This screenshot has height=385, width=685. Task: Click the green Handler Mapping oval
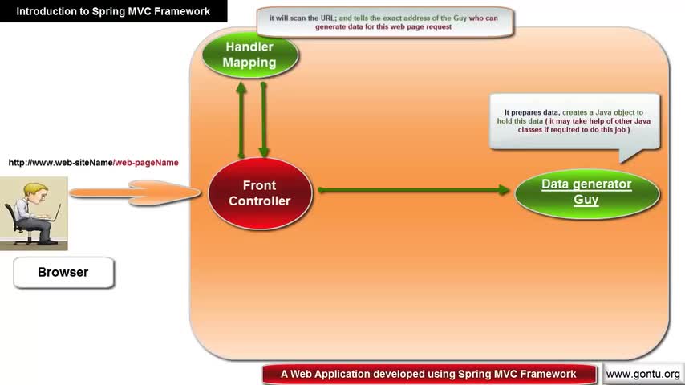[x=249, y=55]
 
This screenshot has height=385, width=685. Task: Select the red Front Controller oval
[x=260, y=193]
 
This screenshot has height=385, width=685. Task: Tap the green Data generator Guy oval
[x=586, y=192]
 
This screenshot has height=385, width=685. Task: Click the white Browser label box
[x=63, y=273]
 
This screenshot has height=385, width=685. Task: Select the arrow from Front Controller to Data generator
[x=414, y=190]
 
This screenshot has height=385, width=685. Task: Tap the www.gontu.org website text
[x=642, y=375]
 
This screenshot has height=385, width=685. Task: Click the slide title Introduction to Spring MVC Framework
[x=113, y=11]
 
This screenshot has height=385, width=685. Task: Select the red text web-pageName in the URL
[x=146, y=163]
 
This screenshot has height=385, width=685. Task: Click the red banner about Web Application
[x=429, y=374]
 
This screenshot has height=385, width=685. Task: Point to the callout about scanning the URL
[x=384, y=22]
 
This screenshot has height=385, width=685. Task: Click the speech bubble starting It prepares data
[x=574, y=121]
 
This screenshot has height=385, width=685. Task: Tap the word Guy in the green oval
[x=586, y=200]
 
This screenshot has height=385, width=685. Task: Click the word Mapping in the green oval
[x=249, y=63]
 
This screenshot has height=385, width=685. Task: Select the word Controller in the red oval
[x=260, y=201]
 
